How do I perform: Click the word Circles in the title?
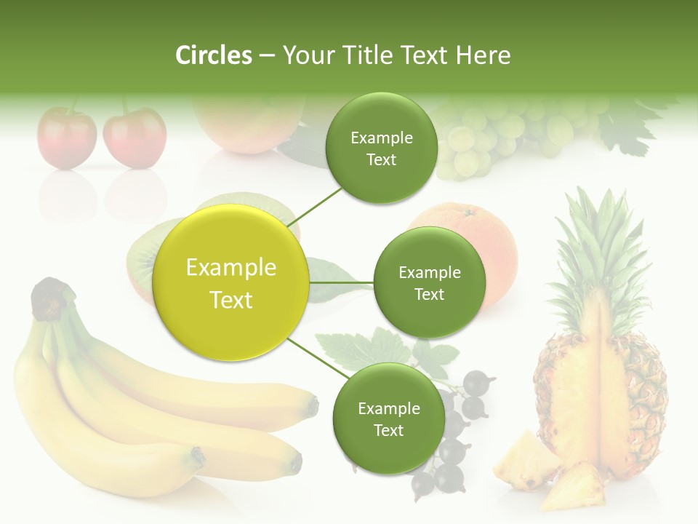pyautogui.click(x=214, y=55)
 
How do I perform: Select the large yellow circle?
pyautogui.click(x=230, y=283)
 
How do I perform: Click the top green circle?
pyautogui.click(x=381, y=148)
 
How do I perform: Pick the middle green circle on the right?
pyautogui.click(x=429, y=282)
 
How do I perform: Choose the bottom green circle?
pyautogui.click(x=388, y=418)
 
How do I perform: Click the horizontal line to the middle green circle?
pyautogui.click(x=341, y=282)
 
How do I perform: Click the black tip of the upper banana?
pyautogui.click(x=313, y=405)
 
